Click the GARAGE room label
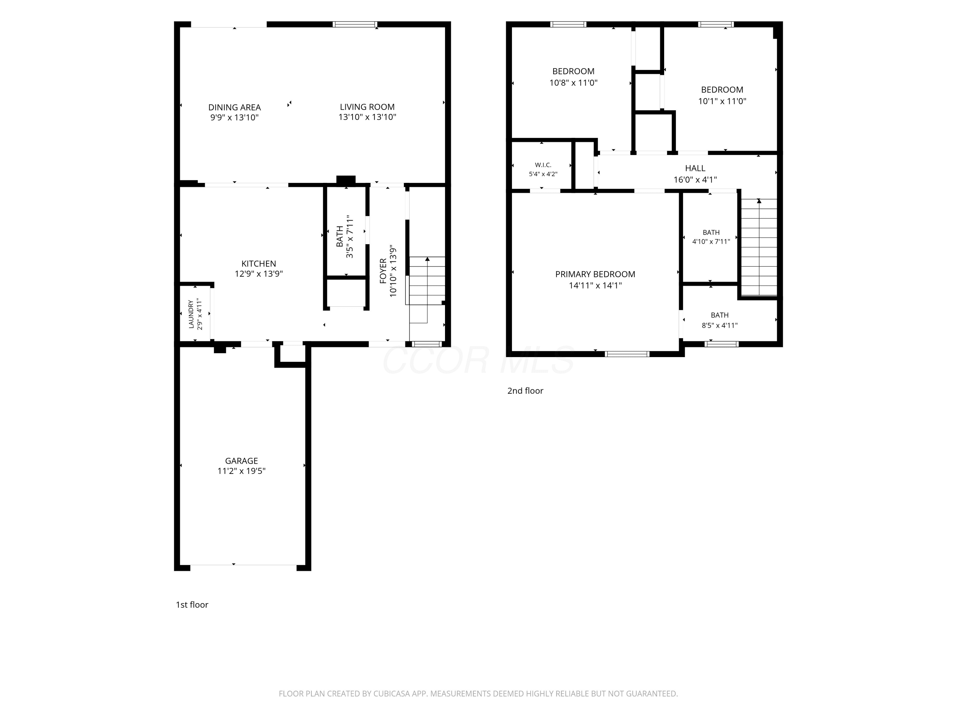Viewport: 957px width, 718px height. click(x=241, y=461)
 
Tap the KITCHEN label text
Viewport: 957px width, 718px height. click(x=259, y=264)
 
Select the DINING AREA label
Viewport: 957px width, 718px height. click(x=234, y=107)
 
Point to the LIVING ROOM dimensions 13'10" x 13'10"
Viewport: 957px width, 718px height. click(x=367, y=117)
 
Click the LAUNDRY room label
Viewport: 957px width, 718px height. click(x=191, y=314)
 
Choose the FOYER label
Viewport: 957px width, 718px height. click(x=383, y=271)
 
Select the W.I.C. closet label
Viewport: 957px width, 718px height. click(x=543, y=165)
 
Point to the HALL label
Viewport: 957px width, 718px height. click(x=695, y=168)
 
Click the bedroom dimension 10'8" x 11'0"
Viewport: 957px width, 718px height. click(x=573, y=83)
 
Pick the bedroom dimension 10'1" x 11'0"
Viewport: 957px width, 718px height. click(x=722, y=101)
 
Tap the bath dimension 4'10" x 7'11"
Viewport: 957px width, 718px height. click(x=711, y=242)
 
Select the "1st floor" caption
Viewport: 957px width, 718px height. click(x=192, y=605)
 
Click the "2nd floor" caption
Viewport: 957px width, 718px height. click(x=525, y=391)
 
